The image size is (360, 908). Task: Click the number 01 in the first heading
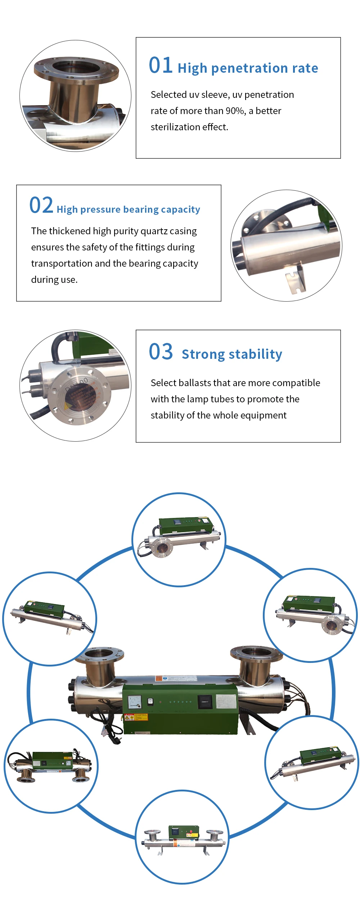[161, 65]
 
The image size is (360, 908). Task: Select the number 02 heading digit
[41, 205]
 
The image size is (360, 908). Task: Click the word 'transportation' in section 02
[62, 263]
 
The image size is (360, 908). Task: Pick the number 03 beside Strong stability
[161, 352]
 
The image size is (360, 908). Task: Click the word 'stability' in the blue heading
[256, 354]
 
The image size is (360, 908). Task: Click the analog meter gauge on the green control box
[135, 701]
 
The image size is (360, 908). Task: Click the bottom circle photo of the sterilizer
[182, 837]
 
